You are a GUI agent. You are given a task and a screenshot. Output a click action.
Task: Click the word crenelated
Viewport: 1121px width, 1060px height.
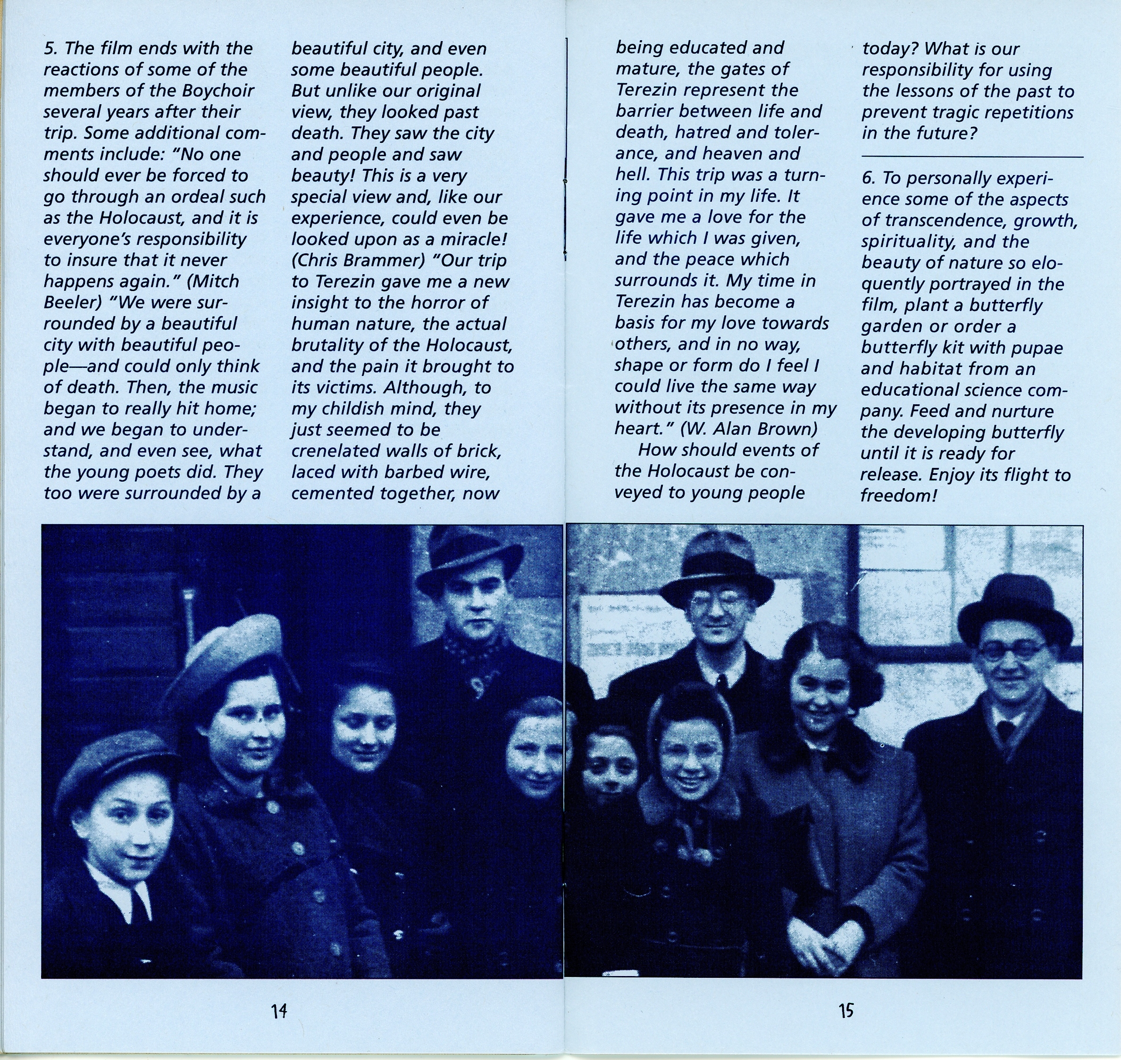tap(335, 451)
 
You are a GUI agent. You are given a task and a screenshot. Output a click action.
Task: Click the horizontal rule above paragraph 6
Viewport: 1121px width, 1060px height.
tap(972, 157)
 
